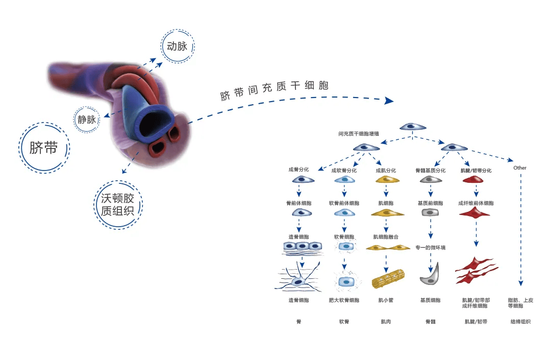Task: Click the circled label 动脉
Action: coord(178,46)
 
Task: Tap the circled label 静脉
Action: coord(87,119)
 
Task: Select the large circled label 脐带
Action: coord(44,148)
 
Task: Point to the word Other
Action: coord(520,168)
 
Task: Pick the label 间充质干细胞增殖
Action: coord(359,134)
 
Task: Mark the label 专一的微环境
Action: coord(431,248)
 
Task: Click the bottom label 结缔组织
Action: coord(520,322)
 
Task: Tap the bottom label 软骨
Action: coord(344,322)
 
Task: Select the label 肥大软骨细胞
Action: coord(344,300)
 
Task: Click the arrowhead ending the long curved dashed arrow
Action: coord(389,101)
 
